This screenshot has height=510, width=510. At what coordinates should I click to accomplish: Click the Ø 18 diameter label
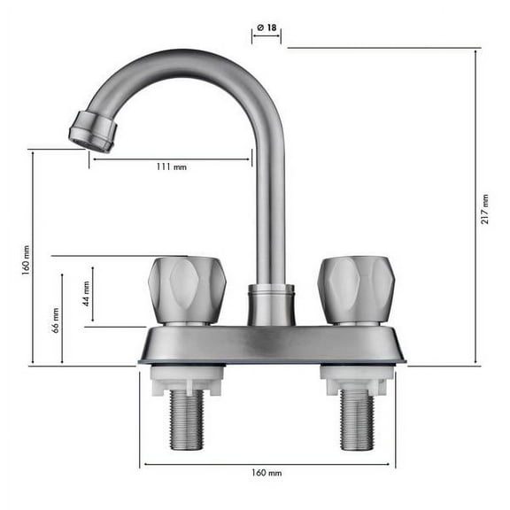(267, 28)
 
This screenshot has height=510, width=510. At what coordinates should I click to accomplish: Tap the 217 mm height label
(485, 209)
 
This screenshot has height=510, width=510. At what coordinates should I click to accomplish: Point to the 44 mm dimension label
(87, 293)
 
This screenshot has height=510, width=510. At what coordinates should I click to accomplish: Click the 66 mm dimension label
(56, 320)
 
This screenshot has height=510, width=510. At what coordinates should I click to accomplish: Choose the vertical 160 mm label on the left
(27, 258)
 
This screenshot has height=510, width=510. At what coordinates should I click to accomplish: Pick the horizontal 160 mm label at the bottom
(267, 473)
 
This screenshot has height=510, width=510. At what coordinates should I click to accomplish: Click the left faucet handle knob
(186, 290)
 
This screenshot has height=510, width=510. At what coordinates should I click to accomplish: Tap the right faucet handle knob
(356, 290)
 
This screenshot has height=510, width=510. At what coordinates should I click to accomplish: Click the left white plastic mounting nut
(187, 380)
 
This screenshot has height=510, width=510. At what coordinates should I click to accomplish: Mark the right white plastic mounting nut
(357, 380)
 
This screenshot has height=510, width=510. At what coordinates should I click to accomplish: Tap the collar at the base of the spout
(270, 305)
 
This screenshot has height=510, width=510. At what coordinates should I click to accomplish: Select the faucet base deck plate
(271, 344)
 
